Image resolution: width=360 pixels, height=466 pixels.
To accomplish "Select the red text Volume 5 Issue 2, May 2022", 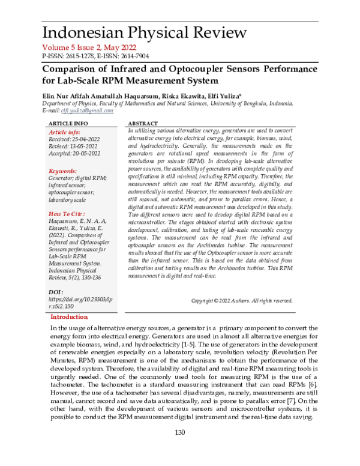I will coord(89,48).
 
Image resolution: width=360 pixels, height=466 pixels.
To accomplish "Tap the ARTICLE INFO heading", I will coord(67,123).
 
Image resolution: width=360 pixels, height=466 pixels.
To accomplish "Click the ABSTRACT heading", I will coord(143,123).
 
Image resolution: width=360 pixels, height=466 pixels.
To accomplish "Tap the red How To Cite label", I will coord(65,214).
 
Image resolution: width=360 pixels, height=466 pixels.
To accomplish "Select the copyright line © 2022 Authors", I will coord(241,300).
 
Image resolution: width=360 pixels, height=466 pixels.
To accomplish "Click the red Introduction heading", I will coord(69,316).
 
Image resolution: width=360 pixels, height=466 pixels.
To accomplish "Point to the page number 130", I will coord(179,450).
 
